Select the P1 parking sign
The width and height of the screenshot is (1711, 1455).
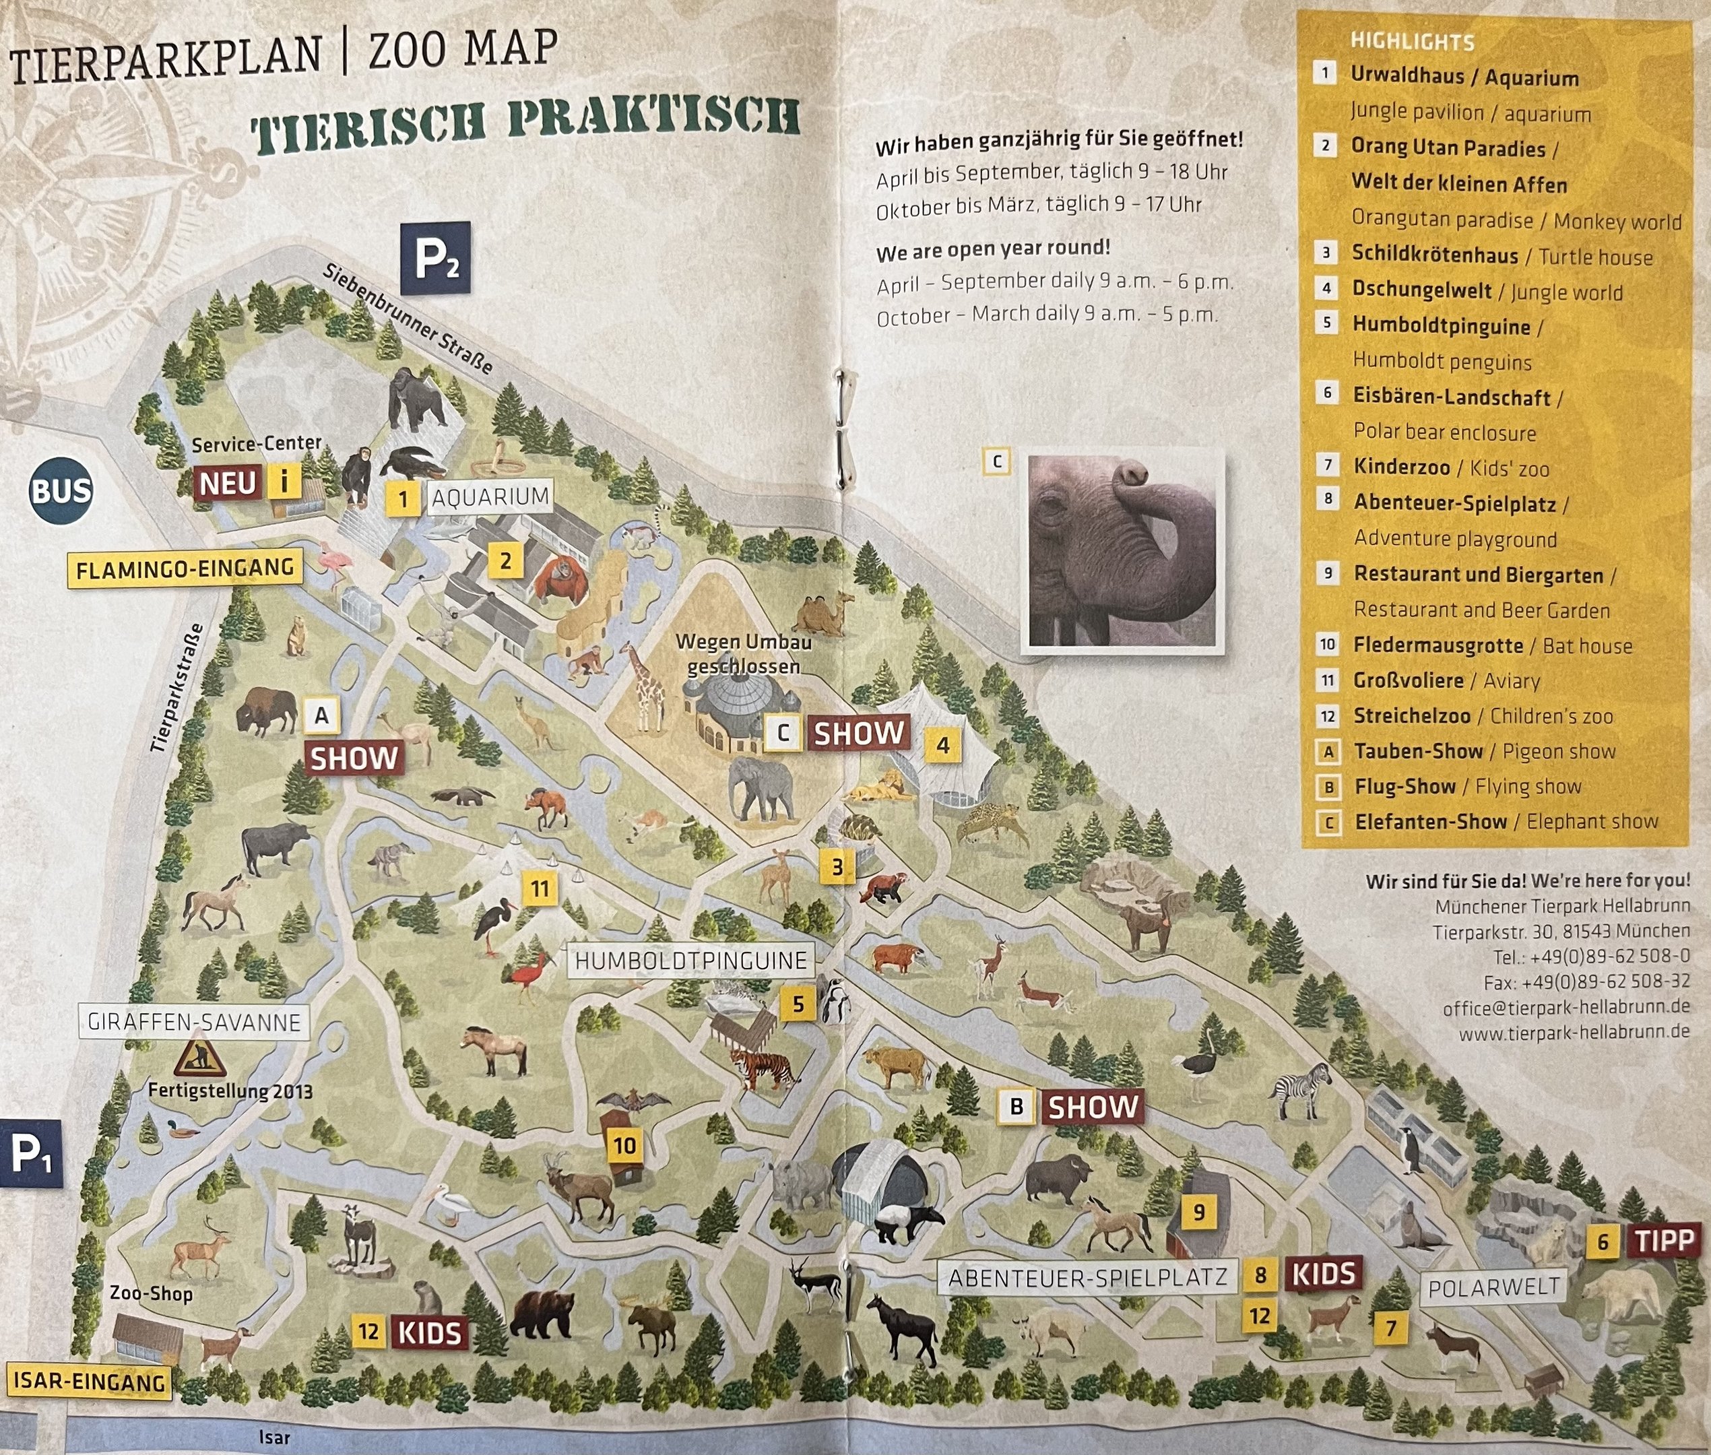click(30, 1154)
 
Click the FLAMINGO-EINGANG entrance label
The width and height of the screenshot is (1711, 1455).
click(185, 569)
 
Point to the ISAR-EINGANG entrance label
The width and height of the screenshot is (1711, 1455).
click(89, 1380)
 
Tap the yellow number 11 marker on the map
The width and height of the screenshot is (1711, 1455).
click(540, 888)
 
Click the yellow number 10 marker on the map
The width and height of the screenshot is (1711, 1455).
click(624, 1145)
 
